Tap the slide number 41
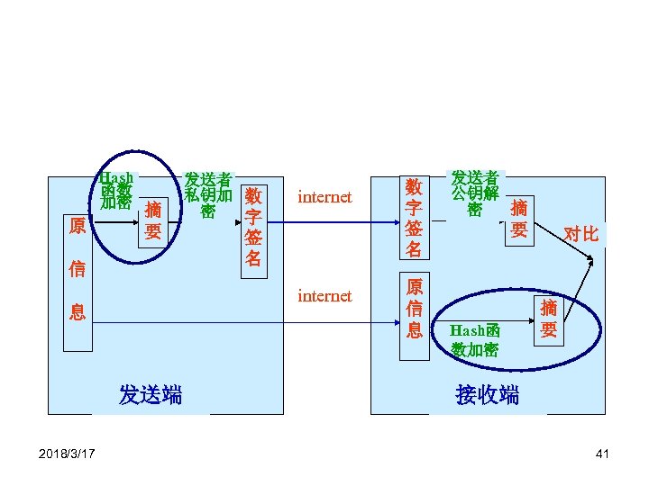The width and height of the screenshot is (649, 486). tap(602, 453)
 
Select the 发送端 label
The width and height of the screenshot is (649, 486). tap(151, 395)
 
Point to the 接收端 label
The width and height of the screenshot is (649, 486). tap(488, 395)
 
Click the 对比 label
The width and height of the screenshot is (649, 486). tap(580, 234)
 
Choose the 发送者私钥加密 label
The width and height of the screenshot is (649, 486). tap(208, 194)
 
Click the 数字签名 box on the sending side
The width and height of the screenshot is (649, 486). tap(253, 227)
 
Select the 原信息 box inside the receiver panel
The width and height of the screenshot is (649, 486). tap(415, 309)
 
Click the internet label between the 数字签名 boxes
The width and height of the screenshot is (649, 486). tap(324, 197)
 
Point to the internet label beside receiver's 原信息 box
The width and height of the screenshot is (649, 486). tap(324, 296)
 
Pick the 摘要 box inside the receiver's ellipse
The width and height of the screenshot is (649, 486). tap(549, 319)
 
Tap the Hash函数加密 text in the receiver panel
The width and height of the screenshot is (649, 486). tap(475, 341)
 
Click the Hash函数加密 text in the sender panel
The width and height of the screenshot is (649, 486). tap(116, 190)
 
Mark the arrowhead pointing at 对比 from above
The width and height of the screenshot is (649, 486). tap(590, 261)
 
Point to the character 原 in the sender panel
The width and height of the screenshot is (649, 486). tap(78, 225)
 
